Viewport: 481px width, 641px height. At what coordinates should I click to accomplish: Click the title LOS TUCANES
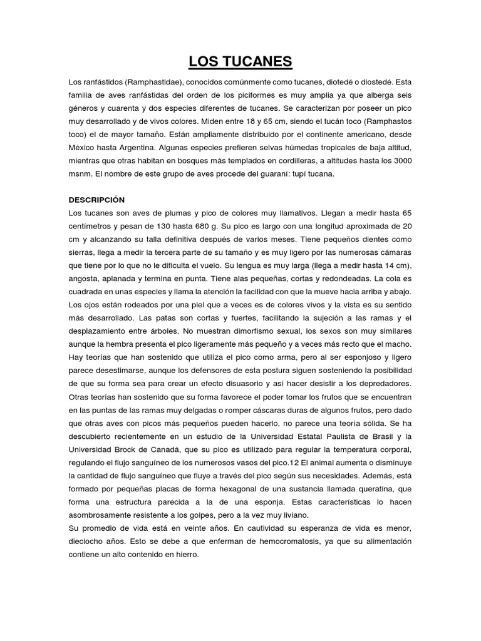click(240, 62)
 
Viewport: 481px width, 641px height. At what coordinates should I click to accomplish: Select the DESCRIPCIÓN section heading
click(96, 200)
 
